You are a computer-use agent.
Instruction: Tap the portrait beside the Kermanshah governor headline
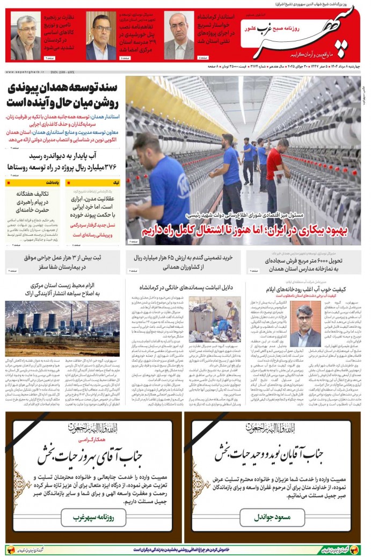tap(179, 35)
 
